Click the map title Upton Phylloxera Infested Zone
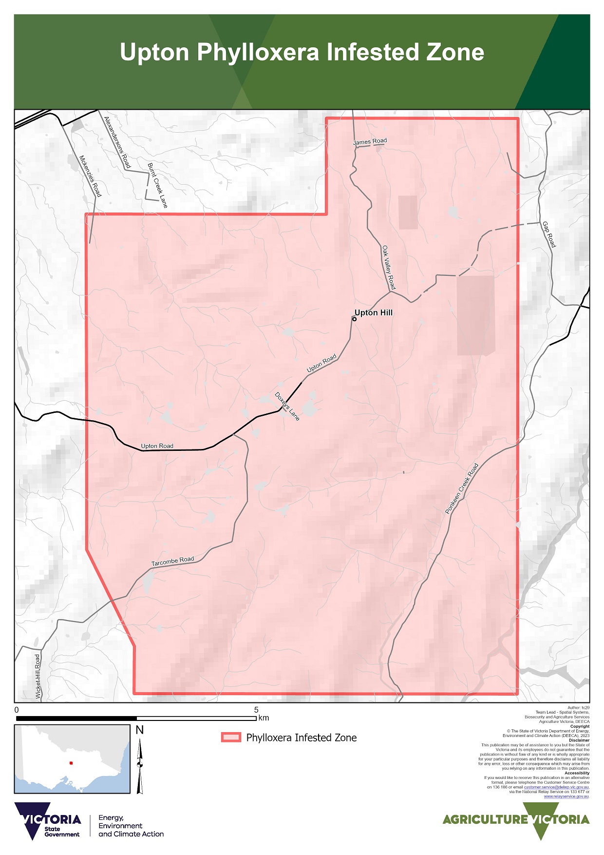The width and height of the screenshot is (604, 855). (x=302, y=52)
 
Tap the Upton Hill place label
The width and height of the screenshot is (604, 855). (x=373, y=312)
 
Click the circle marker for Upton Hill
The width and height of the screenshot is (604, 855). (x=354, y=319)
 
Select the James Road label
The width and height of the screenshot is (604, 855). (x=370, y=141)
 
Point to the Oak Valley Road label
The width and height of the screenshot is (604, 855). (x=389, y=268)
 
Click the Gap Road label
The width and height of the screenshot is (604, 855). (x=548, y=234)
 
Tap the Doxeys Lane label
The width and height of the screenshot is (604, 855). (x=287, y=406)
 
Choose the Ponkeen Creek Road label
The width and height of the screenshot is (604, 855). (x=462, y=488)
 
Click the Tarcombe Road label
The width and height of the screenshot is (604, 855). (x=172, y=561)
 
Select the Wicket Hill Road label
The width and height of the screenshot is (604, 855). (x=38, y=677)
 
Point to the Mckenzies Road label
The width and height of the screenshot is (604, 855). (x=90, y=176)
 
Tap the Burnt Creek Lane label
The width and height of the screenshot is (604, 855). (x=157, y=185)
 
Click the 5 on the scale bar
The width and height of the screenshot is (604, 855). (x=256, y=710)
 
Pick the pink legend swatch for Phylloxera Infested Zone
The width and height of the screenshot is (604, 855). (x=231, y=737)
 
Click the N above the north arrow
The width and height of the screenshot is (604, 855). (x=140, y=730)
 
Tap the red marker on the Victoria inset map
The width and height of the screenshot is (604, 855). (x=71, y=763)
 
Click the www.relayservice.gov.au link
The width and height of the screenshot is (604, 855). (x=566, y=797)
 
